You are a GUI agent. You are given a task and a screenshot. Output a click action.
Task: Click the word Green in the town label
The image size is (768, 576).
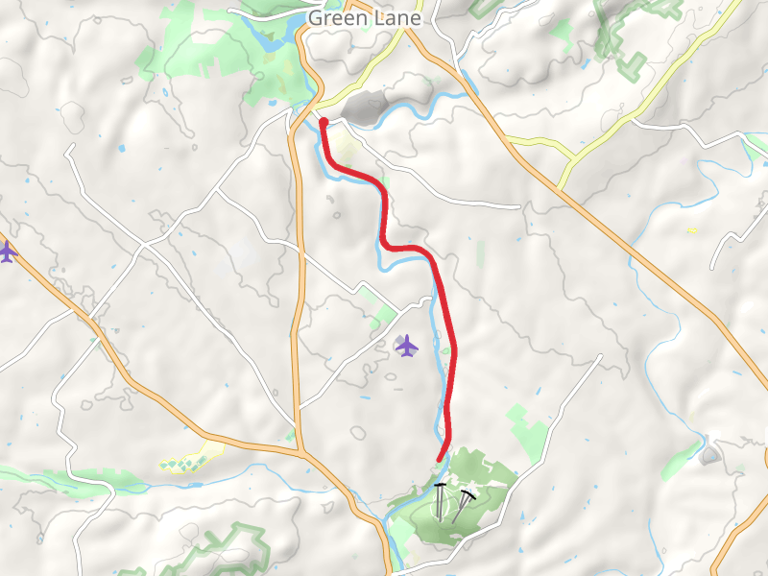(x=330, y=18)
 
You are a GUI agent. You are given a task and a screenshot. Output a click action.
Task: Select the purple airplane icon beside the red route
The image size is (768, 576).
(x=407, y=346)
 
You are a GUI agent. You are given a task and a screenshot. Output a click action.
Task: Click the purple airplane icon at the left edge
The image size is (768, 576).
(x=7, y=252)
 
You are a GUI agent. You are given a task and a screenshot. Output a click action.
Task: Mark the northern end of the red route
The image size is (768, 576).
(x=324, y=122)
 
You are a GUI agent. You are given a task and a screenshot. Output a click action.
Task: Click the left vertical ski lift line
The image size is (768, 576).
(x=440, y=503)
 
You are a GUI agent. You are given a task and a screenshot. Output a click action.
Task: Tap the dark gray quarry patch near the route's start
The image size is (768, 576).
(x=363, y=108)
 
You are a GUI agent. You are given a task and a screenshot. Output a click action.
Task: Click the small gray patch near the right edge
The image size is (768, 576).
(x=710, y=454)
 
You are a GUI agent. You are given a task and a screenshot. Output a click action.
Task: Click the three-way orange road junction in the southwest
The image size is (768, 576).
(x=300, y=450)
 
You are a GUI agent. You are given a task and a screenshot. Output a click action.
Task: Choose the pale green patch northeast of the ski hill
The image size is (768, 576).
(x=529, y=431)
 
